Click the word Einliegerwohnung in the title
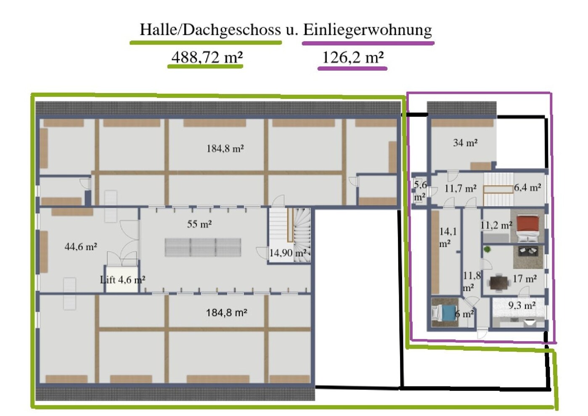click(x=368, y=30)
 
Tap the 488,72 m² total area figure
click(x=207, y=57)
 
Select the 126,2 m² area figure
click(x=353, y=57)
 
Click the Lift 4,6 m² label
click(x=122, y=280)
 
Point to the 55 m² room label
click(x=199, y=224)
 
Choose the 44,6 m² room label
click(x=81, y=247)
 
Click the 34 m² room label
click(x=465, y=143)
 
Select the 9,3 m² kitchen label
click(x=522, y=305)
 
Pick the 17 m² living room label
click(x=524, y=279)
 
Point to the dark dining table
click(x=499, y=282)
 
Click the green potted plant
click(x=487, y=249)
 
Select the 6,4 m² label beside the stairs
click(x=527, y=188)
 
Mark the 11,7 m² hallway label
click(x=461, y=188)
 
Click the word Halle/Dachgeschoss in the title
click(x=210, y=30)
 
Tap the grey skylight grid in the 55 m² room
click(x=203, y=247)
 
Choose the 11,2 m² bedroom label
click(x=496, y=225)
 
